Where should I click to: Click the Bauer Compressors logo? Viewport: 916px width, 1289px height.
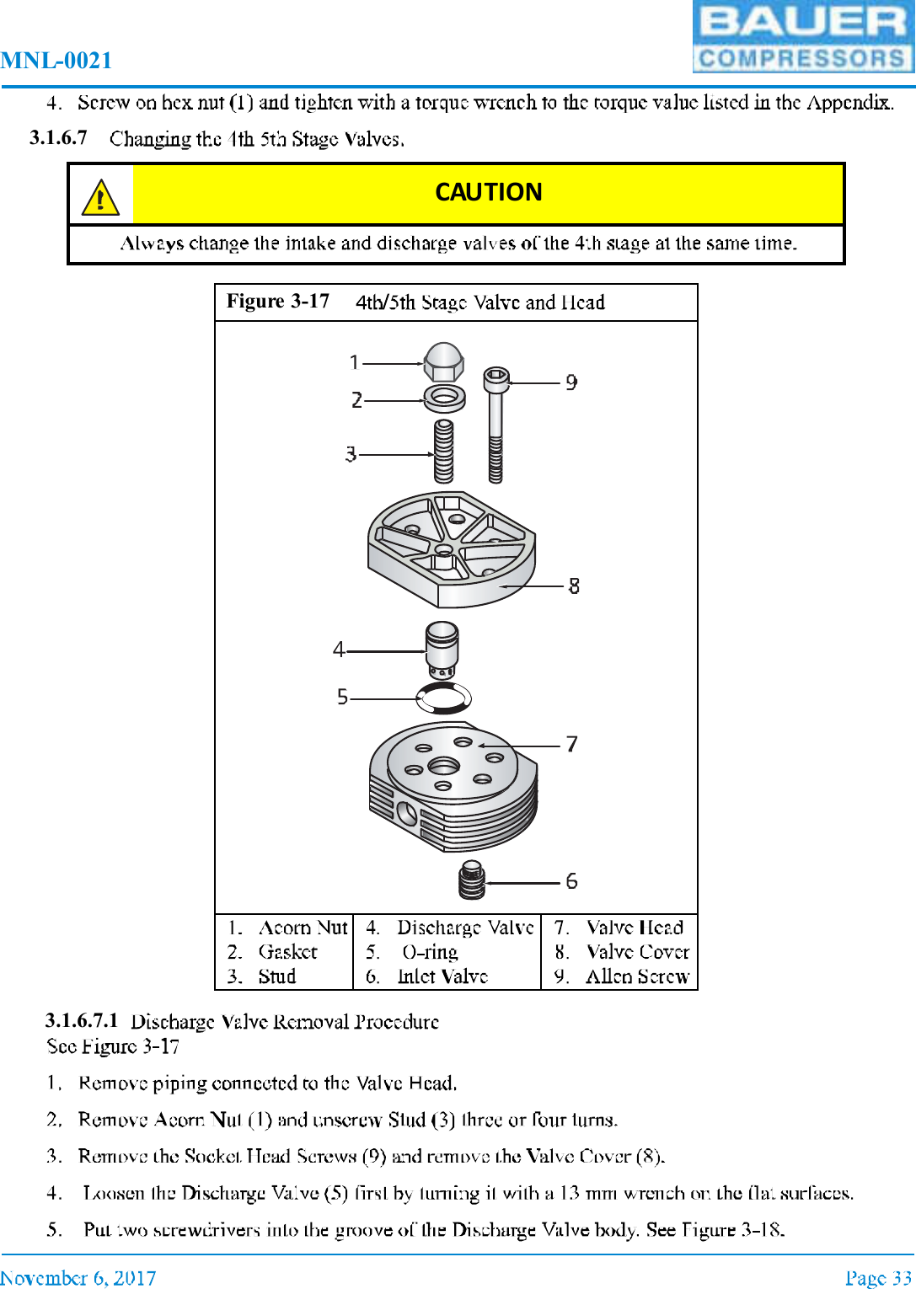802,36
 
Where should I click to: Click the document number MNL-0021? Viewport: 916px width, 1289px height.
56,61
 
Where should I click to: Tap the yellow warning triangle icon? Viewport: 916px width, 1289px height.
100,198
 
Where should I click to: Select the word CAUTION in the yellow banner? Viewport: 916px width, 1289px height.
488,192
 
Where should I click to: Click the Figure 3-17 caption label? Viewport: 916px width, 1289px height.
277,302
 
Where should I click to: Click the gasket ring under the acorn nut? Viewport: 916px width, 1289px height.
444,398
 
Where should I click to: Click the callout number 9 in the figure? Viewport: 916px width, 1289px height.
571,383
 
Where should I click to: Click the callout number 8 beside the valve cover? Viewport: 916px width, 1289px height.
574,586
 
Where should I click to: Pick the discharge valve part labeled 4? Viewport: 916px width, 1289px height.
442,650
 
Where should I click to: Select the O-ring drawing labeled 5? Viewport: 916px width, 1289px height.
444,698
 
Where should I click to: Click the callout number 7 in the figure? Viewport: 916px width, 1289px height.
571,745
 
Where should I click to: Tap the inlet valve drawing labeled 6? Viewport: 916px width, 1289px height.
472,880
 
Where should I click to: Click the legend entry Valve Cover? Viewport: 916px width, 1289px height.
637,952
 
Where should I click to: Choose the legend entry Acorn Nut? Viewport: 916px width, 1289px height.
302,928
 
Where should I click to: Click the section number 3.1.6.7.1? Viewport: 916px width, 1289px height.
82,1021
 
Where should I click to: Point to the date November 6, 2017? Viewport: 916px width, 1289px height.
78,1278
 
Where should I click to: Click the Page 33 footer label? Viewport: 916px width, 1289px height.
878,1278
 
